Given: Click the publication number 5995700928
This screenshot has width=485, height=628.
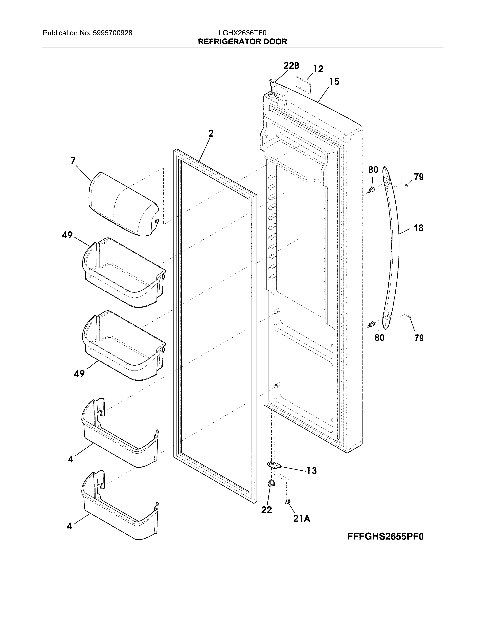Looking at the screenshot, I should [112, 33].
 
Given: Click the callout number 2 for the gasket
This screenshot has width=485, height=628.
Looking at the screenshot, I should [211, 133].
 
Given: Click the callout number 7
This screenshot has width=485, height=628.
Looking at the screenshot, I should [73, 160].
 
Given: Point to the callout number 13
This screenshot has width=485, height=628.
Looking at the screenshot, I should [312, 471].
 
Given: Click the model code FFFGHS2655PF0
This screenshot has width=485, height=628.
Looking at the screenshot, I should [385, 537].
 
